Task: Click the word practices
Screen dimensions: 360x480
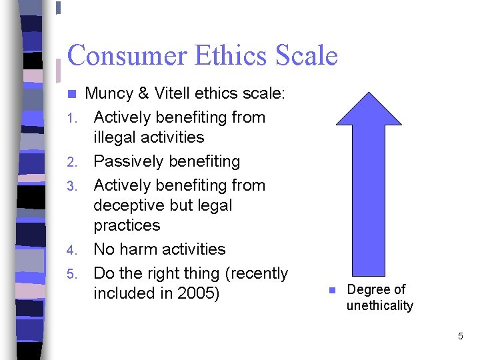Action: (127, 225)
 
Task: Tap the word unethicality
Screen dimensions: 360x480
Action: (379, 306)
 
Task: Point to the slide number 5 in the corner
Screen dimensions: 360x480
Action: (460, 337)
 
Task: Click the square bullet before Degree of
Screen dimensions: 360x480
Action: (331, 291)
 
